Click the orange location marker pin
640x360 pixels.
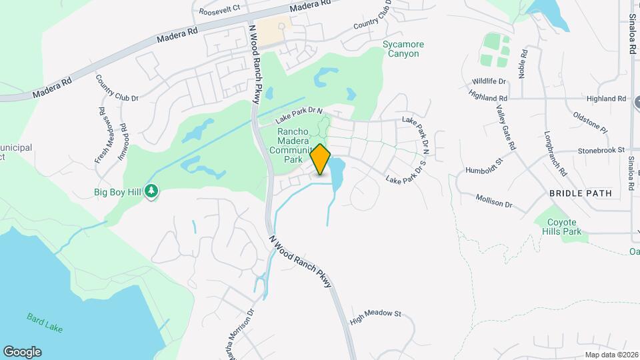point(321,159)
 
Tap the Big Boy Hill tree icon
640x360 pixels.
point(152,192)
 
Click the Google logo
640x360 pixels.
point(22,352)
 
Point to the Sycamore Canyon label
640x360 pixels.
point(403,49)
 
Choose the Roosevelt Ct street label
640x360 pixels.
point(221,11)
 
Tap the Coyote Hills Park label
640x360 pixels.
point(564,227)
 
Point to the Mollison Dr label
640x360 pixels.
point(494,201)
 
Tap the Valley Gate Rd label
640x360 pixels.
point(506,130)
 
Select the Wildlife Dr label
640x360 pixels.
point(489,81)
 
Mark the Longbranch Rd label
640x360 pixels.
point(555,153)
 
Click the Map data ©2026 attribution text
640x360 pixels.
point(610,355)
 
